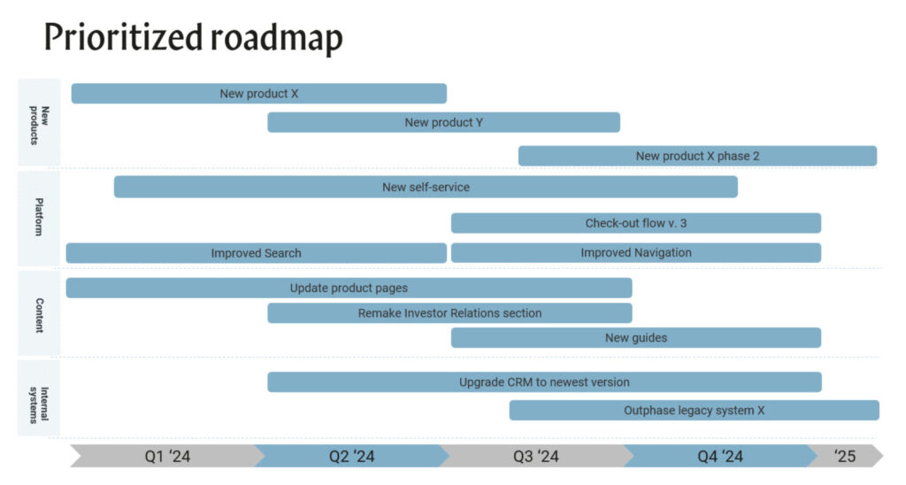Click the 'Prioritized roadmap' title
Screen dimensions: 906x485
click(x=194, y=37)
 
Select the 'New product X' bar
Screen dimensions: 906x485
click(x=259, y=94)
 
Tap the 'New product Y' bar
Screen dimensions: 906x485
click(x=444, y=122)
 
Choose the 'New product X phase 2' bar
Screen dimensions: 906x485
click(x=697, y=156)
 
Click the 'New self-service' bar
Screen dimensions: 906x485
click(x=426, y=188)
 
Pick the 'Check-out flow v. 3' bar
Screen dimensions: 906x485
click(x=636, y=223)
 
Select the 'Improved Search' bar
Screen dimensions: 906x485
click(x=256, y=253)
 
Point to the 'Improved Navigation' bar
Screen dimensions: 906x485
click(x=636, y=252)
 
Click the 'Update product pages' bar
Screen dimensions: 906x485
click(x=349, y=288)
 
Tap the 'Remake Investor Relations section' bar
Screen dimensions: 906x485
click(x=449, y=313)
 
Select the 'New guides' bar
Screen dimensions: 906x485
click(x=636, y=337)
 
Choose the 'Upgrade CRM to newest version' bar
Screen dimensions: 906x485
click(x=544, y=382)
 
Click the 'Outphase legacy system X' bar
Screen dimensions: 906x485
click(x=694, y=411)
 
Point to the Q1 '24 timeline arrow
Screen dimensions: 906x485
click(x=167, y=456)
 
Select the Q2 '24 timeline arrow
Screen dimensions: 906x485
click(x=352, y=456)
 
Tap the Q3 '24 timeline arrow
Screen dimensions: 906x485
click(x=536, y=456)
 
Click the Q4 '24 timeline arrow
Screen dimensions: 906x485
click(x=720, y=456)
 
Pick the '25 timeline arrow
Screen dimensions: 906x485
click(x=845, y=456)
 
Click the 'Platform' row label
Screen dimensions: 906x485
click(x=39, y=217)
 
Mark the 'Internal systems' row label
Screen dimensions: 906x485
click(x=39, y=404)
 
